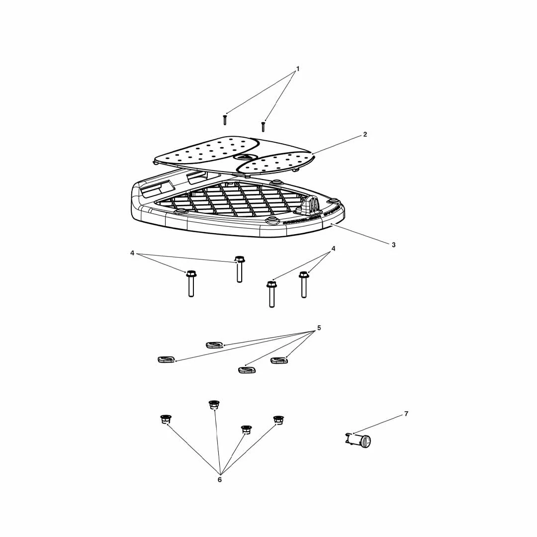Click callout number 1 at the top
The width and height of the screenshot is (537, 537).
point(298,69)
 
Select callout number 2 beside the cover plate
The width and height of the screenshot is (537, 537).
point(365,134)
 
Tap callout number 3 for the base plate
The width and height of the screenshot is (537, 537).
point(393,245)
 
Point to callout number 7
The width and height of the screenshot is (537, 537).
point(406,414)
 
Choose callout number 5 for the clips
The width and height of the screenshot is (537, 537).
point(319,328)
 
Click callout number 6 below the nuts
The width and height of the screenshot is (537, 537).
point(219,480)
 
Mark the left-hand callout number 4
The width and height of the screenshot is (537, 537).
point(132,253)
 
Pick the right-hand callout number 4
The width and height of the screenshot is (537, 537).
point(333,249)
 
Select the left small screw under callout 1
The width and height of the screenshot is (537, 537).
point(225,120)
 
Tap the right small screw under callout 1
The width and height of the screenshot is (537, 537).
point(263,127)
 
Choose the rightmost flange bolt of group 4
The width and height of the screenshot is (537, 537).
point(304,284)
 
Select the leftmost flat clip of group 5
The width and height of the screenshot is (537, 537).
point(166,359)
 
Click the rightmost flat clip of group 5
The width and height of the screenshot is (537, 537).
point(278,360)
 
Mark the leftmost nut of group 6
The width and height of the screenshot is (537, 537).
point(166,419)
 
